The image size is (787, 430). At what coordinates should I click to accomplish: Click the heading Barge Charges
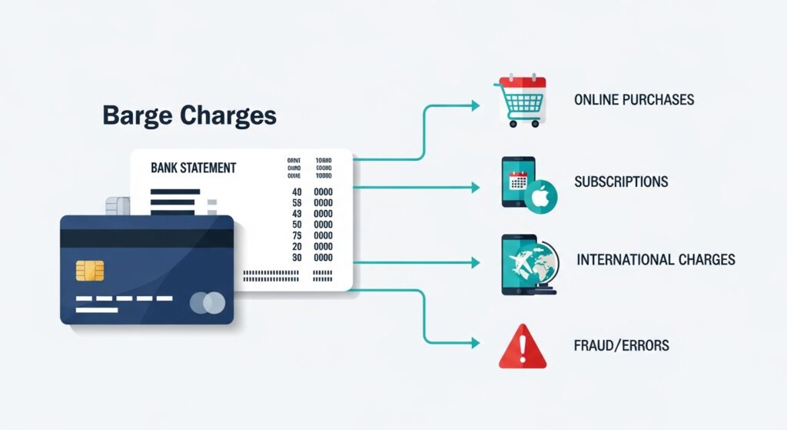tap(189, 115)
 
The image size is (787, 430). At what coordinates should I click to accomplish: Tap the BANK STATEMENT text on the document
tap(194, 167)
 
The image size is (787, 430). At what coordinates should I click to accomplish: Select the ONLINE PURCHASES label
tap(634, 100)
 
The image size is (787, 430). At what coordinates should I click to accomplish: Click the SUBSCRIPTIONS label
tap(621, 182)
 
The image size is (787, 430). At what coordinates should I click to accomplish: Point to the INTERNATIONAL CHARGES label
tap(656, 259)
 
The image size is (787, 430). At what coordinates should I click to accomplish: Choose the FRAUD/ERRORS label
tap(622, 345)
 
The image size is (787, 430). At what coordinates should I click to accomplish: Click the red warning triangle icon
tap(522, 347)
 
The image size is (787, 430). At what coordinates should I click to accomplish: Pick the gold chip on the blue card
tap(90, 271)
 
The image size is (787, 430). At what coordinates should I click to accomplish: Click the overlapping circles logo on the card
tap(208, 303)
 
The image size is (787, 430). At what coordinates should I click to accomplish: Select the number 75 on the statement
tap(296, 235)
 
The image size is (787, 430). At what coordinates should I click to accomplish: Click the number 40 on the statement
tap(296, 192)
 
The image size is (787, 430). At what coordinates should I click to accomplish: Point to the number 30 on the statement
tap(296, 258)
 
